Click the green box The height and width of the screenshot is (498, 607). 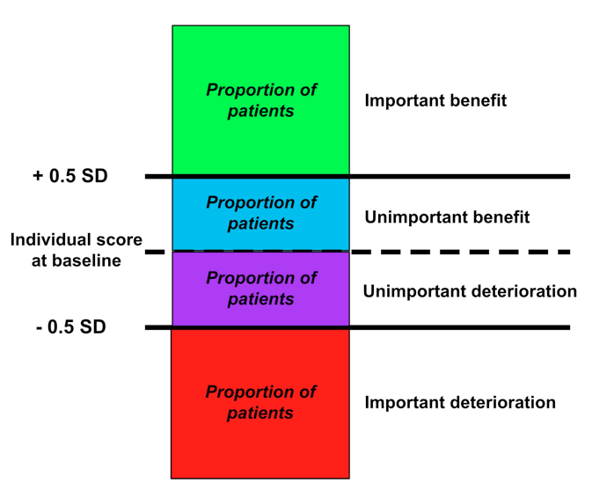[x=260, y=100]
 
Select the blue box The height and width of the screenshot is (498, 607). [x=260, y=214]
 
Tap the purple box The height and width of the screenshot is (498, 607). [x=260, y=289]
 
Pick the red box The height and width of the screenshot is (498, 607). [x=260, y=404]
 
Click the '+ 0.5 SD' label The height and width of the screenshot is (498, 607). [x=70, y=176]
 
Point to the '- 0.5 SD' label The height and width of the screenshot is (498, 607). [x=71, y=327]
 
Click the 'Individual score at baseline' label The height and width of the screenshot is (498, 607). [x=77, y=250]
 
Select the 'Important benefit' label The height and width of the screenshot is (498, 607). [x=435, y=100]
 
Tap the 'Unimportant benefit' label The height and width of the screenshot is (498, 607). [x=447, y=217]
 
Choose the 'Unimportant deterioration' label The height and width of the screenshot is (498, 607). [x=470, y=291]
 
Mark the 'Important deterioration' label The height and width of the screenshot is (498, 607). [x=460, y=403]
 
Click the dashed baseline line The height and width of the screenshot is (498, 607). [x=358, y=253]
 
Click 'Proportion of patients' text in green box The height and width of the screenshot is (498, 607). [x=261, y=100]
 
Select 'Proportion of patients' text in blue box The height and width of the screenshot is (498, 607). [x=261, y=214]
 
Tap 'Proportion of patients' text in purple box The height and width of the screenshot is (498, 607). [x=261, y=289]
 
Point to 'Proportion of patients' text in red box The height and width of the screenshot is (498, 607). [x=260, y=403]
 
